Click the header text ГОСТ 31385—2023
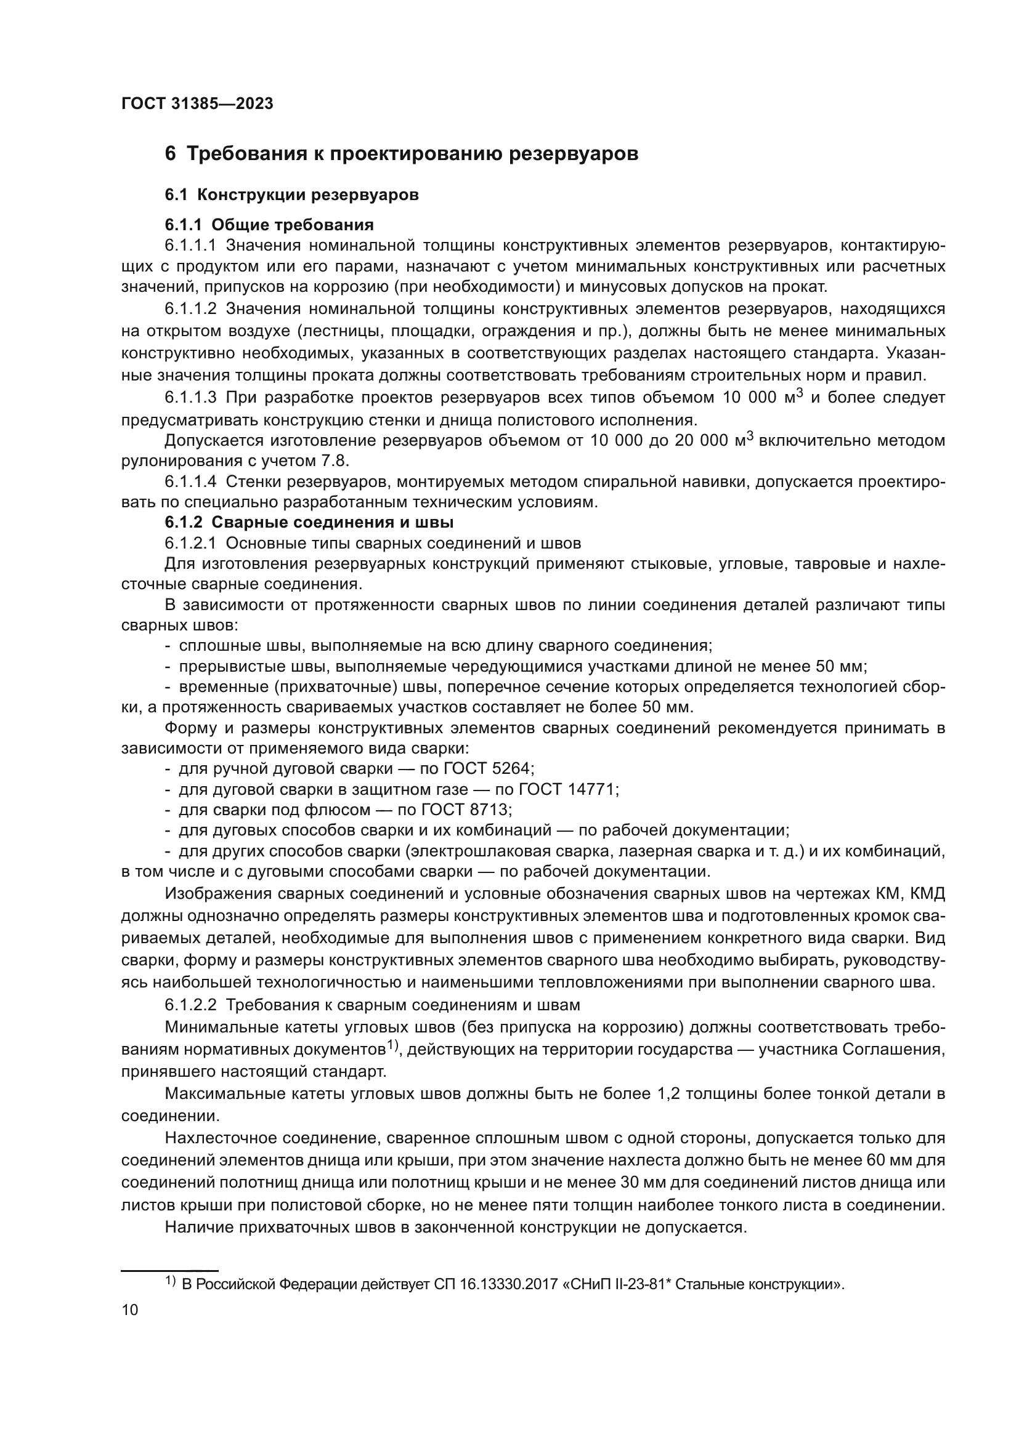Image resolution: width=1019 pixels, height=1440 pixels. [197, 104]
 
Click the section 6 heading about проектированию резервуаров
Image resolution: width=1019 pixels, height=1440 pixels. [402, 154]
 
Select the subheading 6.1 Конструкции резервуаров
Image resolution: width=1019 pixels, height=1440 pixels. [292, 195]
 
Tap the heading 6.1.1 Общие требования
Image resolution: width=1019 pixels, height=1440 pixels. [269, 225]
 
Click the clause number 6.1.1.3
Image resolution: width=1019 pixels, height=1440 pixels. [190, 398]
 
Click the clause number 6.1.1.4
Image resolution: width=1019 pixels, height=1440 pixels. [190, 481]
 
